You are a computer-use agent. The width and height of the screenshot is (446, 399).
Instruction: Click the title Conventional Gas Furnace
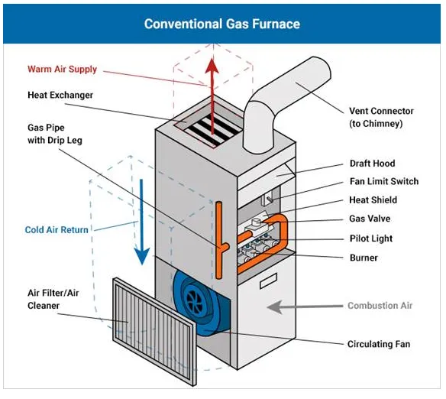(x=222, y=24)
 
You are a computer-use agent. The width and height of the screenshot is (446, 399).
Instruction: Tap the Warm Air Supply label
(x=62, y=69)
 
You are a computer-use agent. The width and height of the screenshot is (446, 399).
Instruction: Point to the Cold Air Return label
(x=57, y=229)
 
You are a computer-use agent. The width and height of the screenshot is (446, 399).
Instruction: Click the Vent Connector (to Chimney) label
(x=381, y=116)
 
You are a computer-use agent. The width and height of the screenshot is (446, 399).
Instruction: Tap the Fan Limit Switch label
(x=383, y=182)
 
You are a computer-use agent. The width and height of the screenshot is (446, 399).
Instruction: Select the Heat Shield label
(x=373, y=200)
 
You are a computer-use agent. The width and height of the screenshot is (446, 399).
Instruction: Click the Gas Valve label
(x=370, y=219)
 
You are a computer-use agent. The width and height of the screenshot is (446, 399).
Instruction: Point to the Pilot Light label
(x=371, y=238)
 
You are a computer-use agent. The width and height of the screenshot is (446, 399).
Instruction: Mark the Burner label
(x=364, y=258)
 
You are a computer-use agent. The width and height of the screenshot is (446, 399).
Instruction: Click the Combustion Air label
(x=380, y=306)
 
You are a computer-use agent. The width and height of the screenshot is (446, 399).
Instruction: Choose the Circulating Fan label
(x=379, y=344)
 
